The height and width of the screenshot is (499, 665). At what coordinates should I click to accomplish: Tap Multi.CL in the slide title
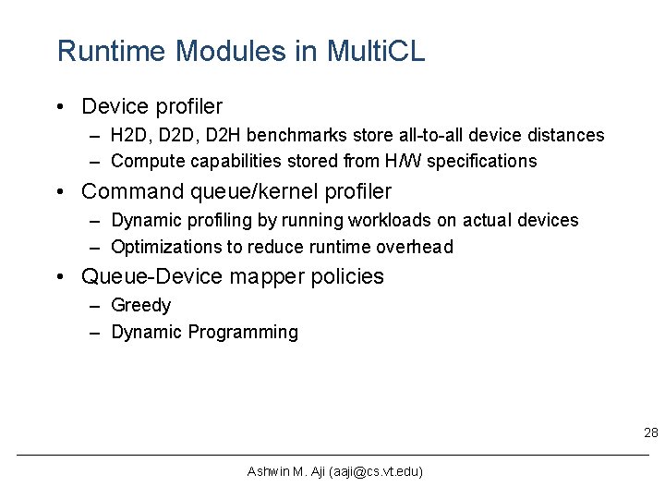pyautogui.click(x=376, y=51)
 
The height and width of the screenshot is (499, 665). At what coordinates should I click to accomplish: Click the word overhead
pyautogui.click(x=415, y=247)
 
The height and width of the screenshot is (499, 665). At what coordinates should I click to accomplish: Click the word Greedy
pyautogui.click(x=141, y=306)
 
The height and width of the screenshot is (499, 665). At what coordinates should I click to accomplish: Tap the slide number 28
pyautogui.click(x=650, y=433)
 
